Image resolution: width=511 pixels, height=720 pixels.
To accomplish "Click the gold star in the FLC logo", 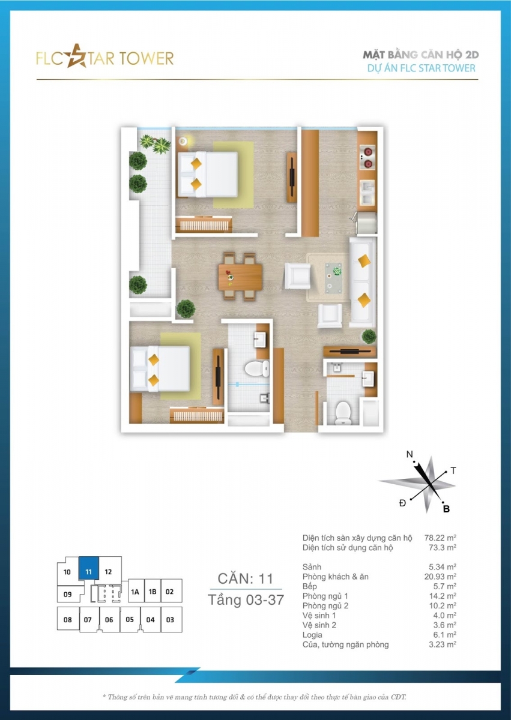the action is point(76,57).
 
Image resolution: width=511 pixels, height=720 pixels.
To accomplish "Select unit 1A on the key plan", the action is point(135,592).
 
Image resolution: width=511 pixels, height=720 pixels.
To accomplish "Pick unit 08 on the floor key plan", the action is point(67,620).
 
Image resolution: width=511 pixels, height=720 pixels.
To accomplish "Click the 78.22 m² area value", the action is point(440,538).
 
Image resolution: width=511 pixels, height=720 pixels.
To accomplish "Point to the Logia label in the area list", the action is point(312,635).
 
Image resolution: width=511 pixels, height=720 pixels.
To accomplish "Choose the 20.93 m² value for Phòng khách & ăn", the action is point(440,577).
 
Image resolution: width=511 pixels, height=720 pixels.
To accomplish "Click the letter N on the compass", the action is point(410,454).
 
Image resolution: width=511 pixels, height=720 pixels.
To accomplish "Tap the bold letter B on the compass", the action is point(446,509).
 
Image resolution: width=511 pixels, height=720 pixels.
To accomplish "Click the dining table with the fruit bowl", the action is point(240,277).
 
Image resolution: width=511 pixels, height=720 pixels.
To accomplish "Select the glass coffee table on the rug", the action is point(333,278).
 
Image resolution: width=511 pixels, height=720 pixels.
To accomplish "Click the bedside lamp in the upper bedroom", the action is point(183,141).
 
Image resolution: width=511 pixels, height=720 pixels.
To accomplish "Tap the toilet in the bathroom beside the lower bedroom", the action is point(257,368).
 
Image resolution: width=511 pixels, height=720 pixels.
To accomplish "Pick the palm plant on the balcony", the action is point(155,143).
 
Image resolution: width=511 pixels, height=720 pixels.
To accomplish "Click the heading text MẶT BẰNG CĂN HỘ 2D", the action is point(421,55).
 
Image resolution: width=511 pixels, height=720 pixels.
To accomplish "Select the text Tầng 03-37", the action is point(246,600).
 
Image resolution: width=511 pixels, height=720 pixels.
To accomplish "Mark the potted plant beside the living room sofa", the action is point(369,336).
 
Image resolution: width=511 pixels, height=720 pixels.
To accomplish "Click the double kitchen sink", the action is point(367,192).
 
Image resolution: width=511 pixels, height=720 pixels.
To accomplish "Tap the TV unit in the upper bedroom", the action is point(292,177).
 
